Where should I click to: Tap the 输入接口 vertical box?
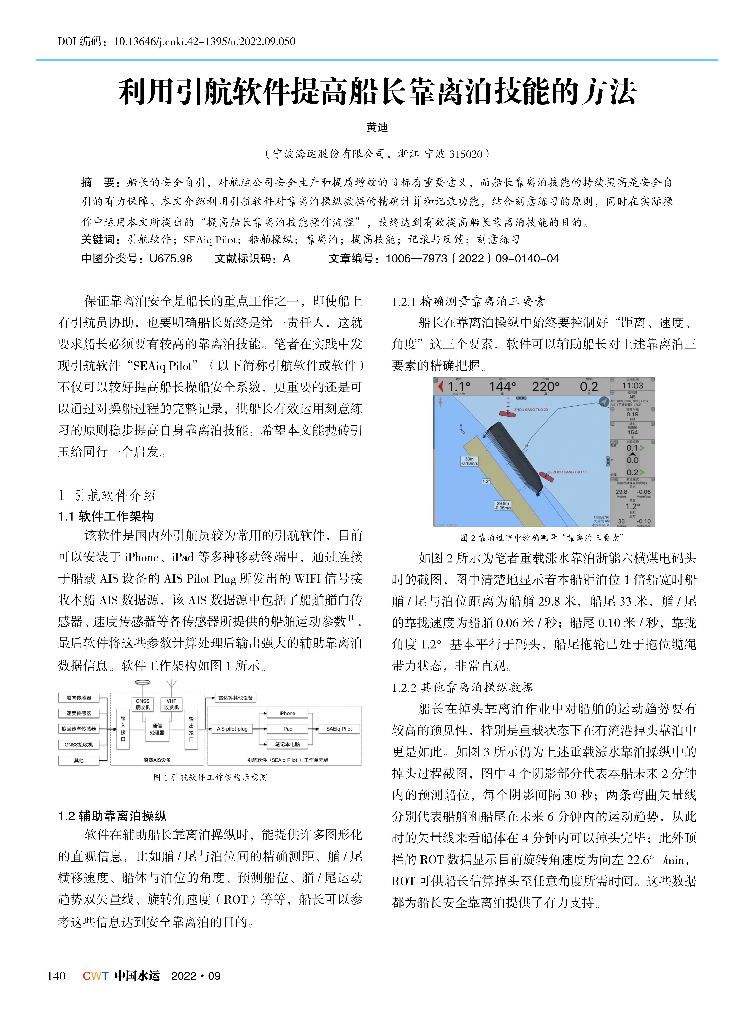[123, 729]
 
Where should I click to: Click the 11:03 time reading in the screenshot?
[632, 386]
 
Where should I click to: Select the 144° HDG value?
[502, 387]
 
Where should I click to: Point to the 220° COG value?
[545, 387]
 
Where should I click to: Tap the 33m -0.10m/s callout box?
[469, 461]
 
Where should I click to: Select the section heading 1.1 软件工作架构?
[106, 516]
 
